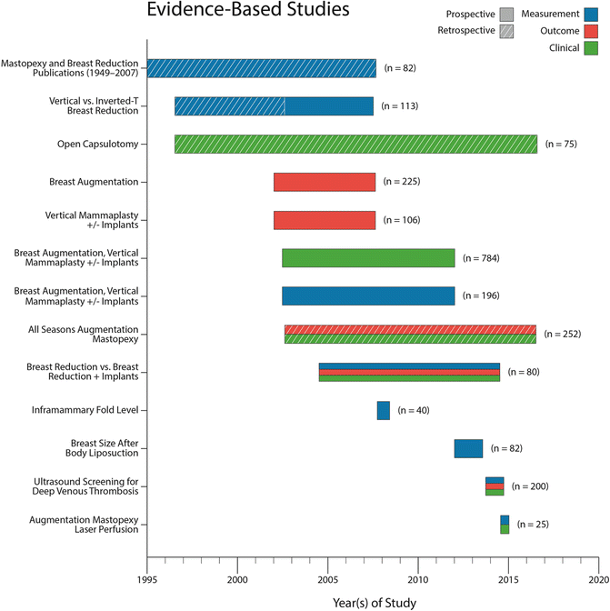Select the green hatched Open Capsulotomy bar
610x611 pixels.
[355, 144]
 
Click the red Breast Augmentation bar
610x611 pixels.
[325, 182]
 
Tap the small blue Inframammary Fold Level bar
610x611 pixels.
[384, 410]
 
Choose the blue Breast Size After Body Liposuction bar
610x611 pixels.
[468, 448]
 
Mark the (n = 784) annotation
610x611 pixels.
[481, 258]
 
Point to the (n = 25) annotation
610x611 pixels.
[531, 524]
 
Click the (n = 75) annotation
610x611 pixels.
[560, 144]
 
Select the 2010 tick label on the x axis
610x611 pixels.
[417, 578]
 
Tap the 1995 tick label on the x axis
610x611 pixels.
[147, 578]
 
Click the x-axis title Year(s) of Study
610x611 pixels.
[373, 601]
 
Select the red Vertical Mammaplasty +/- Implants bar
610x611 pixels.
[325, 220]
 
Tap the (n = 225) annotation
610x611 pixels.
[402, 182]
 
